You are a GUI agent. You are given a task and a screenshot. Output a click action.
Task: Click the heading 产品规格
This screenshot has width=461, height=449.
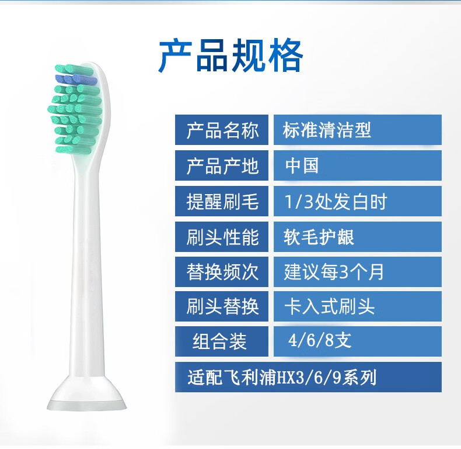point(231,56)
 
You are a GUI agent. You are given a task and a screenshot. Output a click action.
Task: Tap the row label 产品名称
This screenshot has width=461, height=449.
point(222,130)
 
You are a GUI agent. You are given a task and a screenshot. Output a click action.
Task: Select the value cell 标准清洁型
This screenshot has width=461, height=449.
point(327,130)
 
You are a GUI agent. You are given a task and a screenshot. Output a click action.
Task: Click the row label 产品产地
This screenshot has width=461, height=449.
point(222,165)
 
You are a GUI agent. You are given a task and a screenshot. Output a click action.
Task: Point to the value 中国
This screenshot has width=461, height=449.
point(302,165)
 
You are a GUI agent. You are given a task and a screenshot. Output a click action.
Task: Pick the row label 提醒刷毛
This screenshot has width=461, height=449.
point(222,202)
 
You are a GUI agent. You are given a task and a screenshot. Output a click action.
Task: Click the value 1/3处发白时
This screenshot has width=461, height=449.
point(336,202)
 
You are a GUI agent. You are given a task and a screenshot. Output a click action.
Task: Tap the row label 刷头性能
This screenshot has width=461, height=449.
point(222,237)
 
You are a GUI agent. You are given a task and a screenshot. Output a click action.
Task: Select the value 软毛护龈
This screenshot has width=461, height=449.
point(319,237)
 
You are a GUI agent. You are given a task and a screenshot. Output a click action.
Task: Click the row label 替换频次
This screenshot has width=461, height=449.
point(222,272)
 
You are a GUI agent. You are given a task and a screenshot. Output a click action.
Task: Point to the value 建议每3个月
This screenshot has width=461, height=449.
point(334,272)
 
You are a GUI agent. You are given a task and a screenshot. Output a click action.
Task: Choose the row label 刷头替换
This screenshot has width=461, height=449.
point(222,306)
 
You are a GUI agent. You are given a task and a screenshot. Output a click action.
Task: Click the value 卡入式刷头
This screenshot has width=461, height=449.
point(329,306)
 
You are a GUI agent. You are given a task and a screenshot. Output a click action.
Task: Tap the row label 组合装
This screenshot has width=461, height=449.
point(219,341)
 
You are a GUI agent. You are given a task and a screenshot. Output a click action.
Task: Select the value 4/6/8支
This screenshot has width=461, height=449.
point(320,341)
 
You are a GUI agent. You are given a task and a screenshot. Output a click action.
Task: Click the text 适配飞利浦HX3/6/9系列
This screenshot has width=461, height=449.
point(282,378)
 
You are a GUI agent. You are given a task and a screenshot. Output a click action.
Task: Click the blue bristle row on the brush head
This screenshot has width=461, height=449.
point(75,79)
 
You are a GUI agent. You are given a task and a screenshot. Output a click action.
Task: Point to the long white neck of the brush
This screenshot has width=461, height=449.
point(88,265)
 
